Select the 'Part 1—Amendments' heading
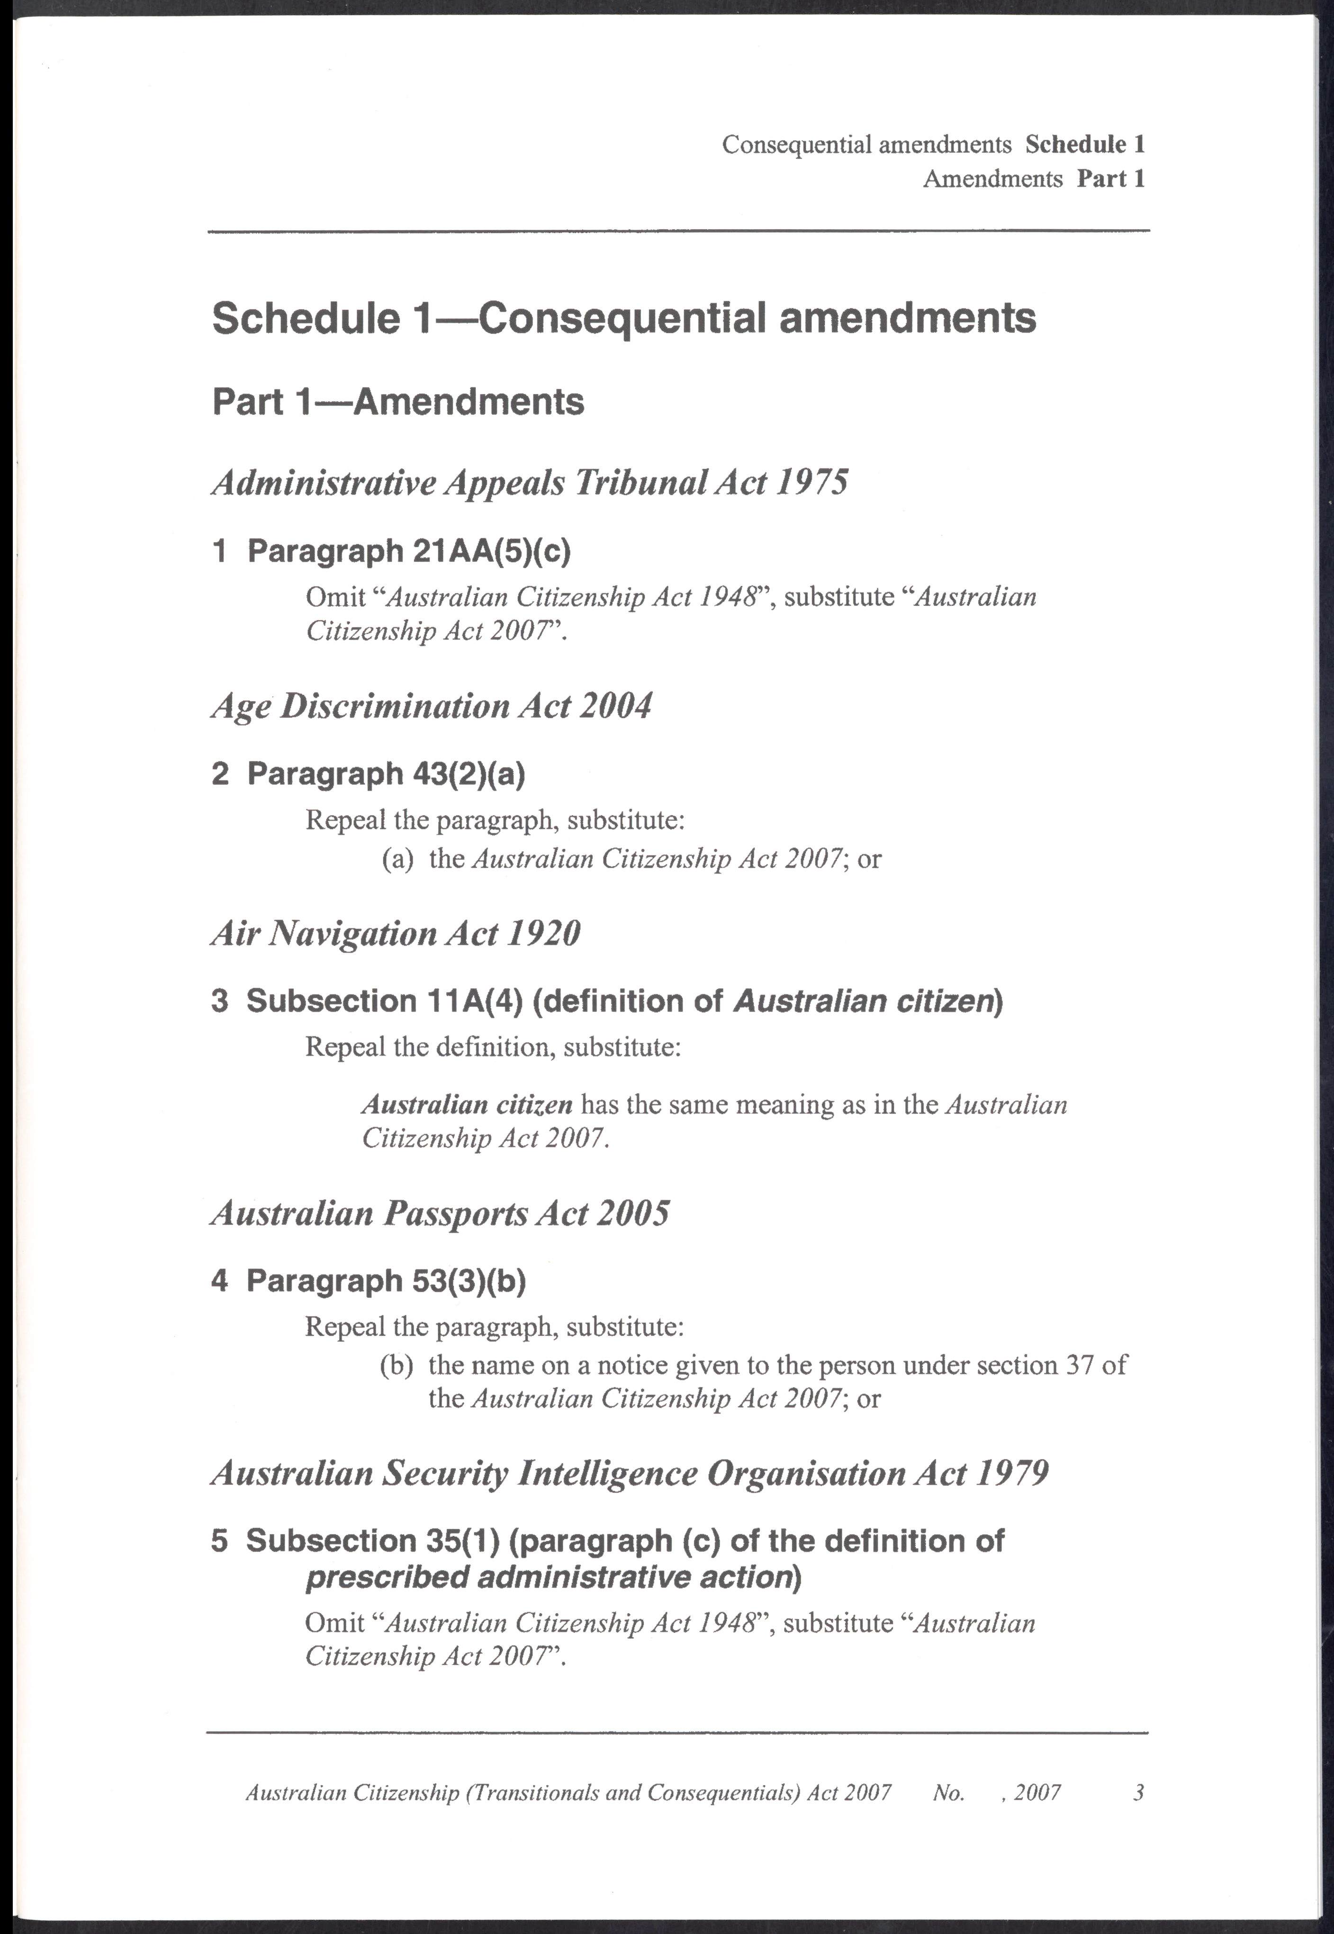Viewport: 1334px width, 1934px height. click(x=398, y=403)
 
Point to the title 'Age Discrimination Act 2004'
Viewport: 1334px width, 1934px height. click(x=431, y=706)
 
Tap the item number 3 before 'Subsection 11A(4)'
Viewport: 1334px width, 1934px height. click(x=220, y=1000)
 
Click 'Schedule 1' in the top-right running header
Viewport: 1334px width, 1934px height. click(x=1084, y=144)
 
